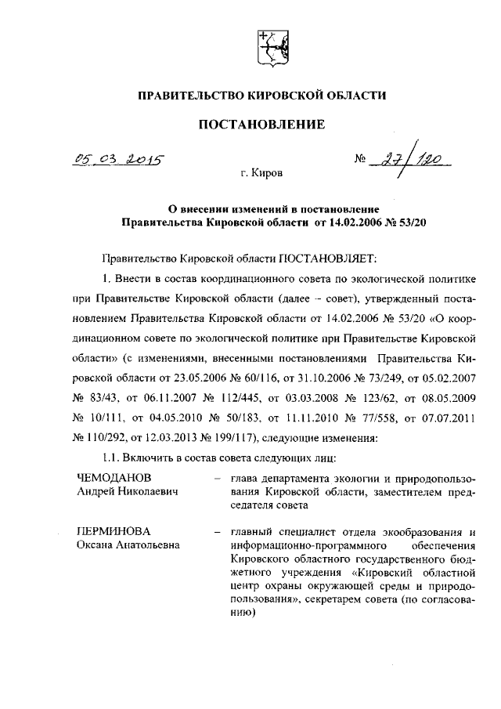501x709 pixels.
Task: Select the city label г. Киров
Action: (x=262, y=172)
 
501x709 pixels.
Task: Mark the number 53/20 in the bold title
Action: (x=411, y=222)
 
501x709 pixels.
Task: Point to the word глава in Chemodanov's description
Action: (x=244, y=478)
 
